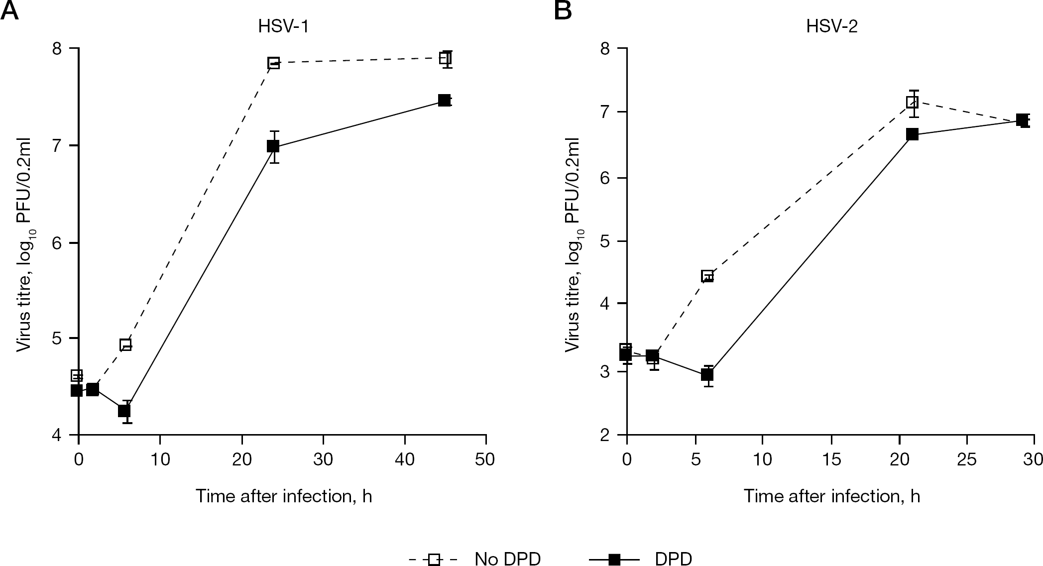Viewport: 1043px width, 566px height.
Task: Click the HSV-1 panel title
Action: pos(283,26)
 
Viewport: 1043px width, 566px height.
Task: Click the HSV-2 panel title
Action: pos(832,26)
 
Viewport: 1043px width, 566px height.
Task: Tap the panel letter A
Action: pos(9,10)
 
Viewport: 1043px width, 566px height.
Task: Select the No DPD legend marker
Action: pos(434,560)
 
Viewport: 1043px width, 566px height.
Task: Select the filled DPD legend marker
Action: pos(615,560)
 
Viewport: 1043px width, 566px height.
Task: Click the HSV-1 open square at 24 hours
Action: pos(273,63)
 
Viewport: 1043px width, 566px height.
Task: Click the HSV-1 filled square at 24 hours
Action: pos(273,146)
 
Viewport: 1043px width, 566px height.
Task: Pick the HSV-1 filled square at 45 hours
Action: pos(445,100)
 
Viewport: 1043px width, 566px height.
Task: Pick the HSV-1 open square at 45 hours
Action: pos(445,58)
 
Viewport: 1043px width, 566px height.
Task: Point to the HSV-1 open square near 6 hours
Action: pos(125,345)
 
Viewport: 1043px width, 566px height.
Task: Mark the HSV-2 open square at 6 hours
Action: pos(707,276)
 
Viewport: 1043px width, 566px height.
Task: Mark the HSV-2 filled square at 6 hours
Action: pos(707,375)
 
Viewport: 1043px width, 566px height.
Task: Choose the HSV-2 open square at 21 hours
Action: pos(912,102)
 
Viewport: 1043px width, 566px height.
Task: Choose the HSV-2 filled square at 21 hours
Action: pos(912,134)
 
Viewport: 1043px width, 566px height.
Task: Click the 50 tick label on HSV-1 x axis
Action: pos(485,459)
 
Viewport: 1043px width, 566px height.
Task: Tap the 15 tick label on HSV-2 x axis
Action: pos(831,459)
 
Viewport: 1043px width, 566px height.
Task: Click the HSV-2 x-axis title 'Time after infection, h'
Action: pos(831,496)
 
